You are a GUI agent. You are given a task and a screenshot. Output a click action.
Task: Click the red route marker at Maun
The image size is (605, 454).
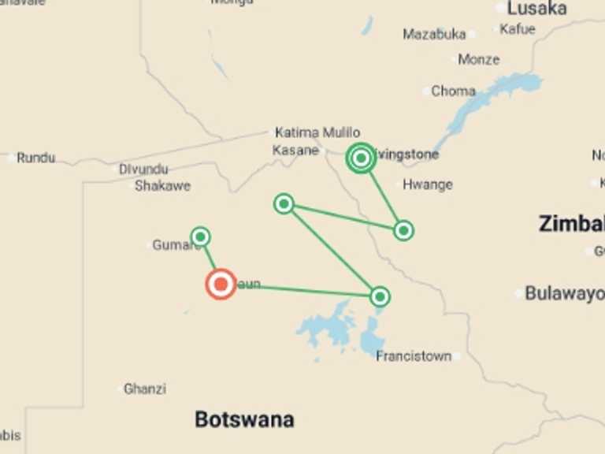[221, 284]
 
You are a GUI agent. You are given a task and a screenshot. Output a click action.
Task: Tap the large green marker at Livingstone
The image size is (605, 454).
[361, 158]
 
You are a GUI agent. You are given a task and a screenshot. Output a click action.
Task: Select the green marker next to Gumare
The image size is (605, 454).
[201, 236]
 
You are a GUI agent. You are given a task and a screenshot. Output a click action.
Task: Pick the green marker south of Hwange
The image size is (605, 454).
[403, 230]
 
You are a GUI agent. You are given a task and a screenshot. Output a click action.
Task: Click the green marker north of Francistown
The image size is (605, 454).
[380, 296]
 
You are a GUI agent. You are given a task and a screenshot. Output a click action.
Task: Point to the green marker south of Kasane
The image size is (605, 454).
[284, 204]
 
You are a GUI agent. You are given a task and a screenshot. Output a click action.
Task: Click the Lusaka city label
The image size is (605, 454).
[537, 9]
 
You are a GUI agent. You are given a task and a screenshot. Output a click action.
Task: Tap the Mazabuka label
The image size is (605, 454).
[434, 34]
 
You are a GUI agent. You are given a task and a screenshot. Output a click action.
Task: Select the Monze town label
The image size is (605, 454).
[478, 60]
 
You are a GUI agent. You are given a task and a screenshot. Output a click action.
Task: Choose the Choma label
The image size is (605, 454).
[453, 91]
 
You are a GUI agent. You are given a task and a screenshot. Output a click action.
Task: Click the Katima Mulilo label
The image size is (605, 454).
[317, 132]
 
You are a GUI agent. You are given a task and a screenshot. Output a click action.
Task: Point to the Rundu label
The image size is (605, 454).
[36, 158]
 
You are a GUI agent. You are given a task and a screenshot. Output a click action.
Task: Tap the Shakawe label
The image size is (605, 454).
[162, 186]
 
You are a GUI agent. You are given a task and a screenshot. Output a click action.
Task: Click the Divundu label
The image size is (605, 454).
[144, 169]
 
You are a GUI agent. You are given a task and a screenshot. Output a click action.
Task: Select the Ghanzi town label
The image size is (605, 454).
[145, 389]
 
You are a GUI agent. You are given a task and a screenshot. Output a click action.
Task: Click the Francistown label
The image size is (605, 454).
[414, 356]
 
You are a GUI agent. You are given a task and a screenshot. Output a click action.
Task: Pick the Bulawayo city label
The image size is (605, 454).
[563, 293]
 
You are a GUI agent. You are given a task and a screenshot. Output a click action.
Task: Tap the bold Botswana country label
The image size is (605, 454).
[244, 419]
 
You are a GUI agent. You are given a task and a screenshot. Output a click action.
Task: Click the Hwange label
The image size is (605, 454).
[427, 184]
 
